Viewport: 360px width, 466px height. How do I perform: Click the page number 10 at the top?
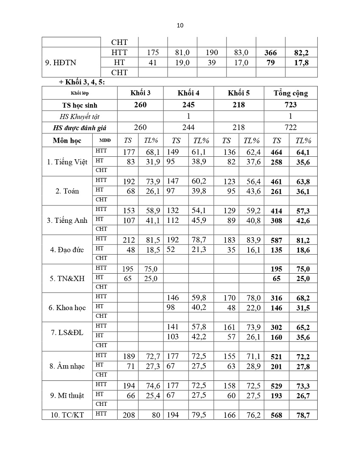(x=180, y=25)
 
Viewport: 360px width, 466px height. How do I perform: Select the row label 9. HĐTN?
(x=60, y=62)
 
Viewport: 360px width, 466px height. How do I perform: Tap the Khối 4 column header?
(x=188, y=93)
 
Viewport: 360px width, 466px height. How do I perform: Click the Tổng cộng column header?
(x=291, y=93)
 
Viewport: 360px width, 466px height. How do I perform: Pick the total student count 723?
(x=291, y=105)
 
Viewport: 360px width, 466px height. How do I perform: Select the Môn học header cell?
(x=67, y=140)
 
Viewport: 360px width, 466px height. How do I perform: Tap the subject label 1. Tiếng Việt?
(x=67, y=161)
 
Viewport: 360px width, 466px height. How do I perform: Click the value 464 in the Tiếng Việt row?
(x=276, y=152)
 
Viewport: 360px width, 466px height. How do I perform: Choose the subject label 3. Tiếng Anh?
(x=67, y=220)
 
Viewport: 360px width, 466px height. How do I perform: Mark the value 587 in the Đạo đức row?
(x=276, y=240)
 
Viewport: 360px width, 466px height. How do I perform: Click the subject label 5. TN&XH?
(x=67, y=279)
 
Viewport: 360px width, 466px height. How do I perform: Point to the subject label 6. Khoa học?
(x=67, y=308)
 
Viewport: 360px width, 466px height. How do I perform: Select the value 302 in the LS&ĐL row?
(x=276, y=327)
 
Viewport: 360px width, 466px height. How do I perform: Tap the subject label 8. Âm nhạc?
(x=67, y=366)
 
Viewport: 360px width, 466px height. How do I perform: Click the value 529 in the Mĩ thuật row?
(x=276, y=386)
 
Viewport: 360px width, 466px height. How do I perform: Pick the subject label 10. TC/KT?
(x=67, y=415)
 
